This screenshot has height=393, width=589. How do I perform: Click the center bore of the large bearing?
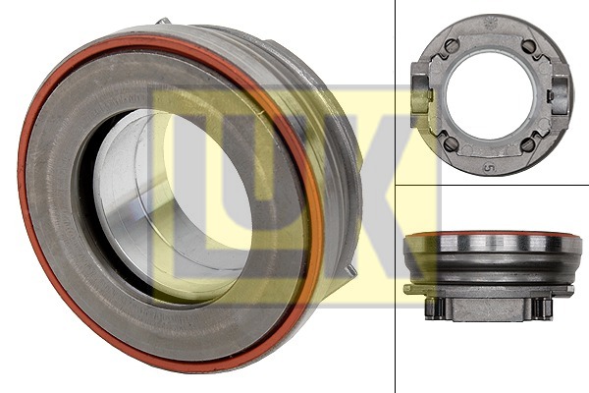click(x=187, y=201)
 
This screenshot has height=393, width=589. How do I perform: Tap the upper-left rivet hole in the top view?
click(x=451, y=46)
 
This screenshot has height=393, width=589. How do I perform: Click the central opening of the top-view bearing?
click(x=490, y=94)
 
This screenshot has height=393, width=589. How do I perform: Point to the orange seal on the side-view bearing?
click(x=491, y=235)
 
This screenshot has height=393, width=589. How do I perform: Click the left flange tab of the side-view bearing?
click(x=409, y=290)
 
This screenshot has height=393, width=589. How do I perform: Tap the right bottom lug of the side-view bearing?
click(x=539, y=307)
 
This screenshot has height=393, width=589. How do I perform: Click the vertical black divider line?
click(x=395, y=295)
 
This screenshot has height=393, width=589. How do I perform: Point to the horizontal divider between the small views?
click(x=491, y=185)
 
